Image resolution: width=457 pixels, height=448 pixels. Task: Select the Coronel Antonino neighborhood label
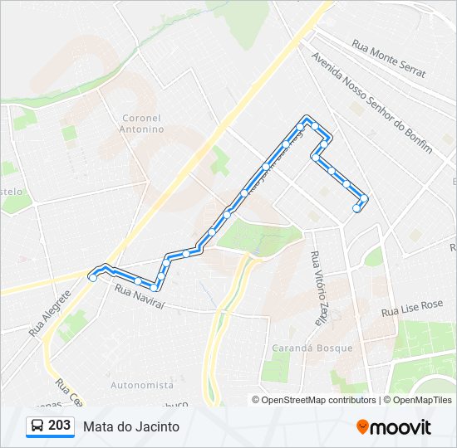[x=143, y=124]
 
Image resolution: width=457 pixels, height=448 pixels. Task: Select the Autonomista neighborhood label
[x=142, y=385]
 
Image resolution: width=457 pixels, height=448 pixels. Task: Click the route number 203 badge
[x=59, y=426]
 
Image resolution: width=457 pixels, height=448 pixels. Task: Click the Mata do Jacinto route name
[x=131, y=426]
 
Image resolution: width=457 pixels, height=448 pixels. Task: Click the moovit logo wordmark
[x=400, y=427]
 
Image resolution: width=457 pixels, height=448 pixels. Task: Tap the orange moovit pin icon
[x=362, y=426]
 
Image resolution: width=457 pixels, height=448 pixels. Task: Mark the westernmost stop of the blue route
[x=92, y=278]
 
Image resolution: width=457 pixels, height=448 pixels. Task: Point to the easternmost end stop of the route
[x=362, y=198]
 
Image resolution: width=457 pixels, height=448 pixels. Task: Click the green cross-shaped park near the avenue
[x=219, y=159]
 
